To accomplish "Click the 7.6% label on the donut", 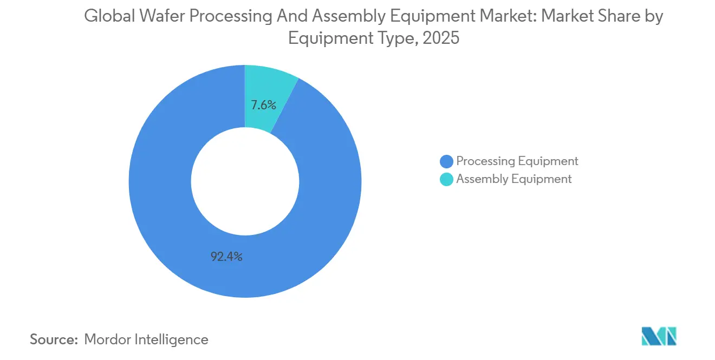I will [263, 105].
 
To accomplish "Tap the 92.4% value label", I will [226, 257].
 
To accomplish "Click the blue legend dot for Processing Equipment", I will [447, 161].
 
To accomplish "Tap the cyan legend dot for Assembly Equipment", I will [447, 179].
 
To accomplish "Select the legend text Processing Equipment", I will [517, 161].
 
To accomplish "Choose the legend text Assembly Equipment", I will [513, 179].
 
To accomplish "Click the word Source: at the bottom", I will [54, 339].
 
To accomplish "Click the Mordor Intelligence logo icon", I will [659, 336].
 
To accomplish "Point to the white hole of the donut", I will [245, 181].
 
